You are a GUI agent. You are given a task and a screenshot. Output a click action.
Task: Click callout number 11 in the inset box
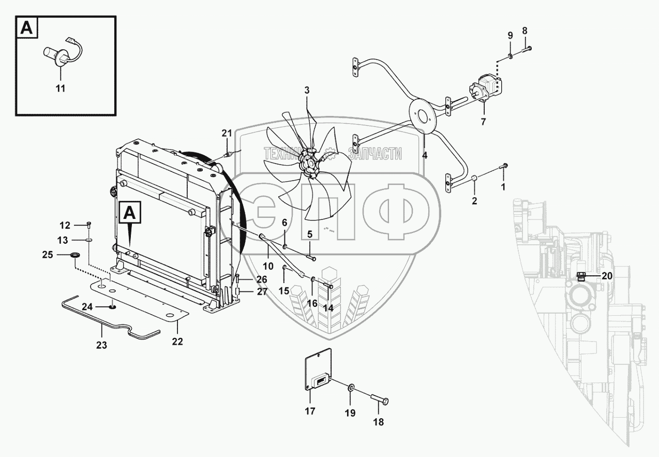click(x=61, y=89)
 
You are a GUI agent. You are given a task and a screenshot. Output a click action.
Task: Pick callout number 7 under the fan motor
click(x=483, y=122)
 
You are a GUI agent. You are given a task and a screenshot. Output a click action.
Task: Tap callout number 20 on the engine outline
click(x=607, y=276)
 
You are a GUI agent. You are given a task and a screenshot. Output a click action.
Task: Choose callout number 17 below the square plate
click(x=309, y=411)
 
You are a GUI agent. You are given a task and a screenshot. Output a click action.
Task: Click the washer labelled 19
click(x=350, y=388)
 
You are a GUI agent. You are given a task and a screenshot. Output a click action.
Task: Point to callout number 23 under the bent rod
click(x=101, y=345)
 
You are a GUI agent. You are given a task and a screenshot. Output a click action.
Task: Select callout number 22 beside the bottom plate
click(x=177, y=341)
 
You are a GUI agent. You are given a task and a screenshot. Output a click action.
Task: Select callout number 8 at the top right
click(x=525, y=31)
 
